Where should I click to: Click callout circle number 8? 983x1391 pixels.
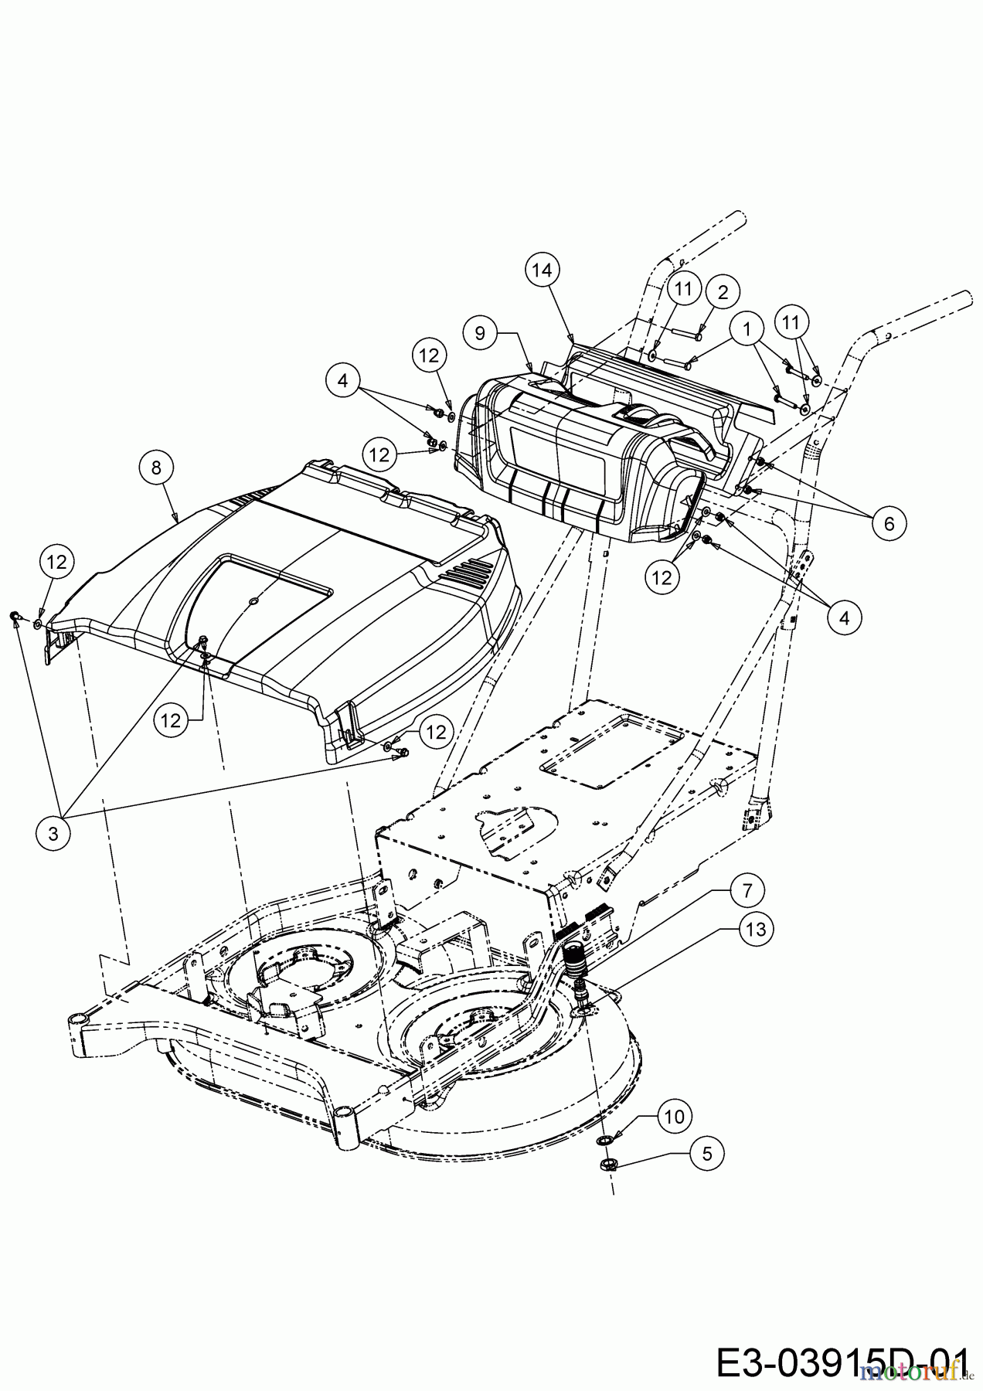(x=157, y=468)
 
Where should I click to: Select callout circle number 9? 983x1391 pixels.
(x=480, y=333)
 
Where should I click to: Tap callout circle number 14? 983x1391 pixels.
(x=543, y=270)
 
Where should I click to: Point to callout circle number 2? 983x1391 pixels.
(x=723, y=292)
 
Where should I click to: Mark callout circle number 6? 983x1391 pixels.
(x=889, y=523)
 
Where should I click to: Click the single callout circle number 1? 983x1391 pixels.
(x=746, y=329)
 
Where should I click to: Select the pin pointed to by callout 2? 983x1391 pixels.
(x=686, y=334)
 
